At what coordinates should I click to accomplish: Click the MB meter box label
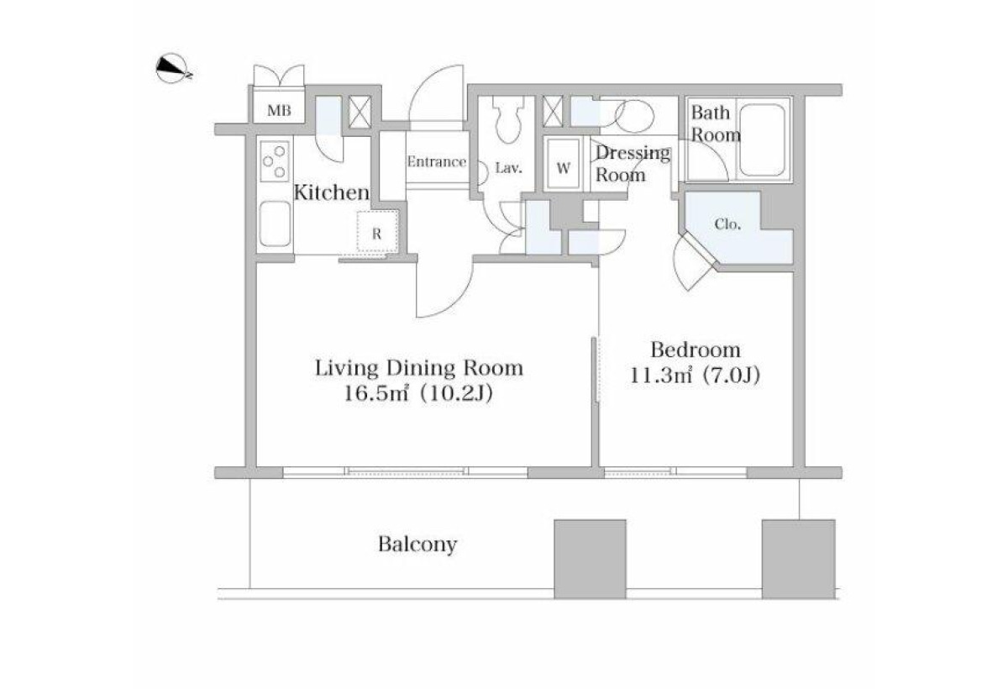[279, 110]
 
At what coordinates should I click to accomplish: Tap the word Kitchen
[332, 192]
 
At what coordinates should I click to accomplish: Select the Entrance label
[437, 161]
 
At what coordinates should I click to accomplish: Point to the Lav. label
[508, 168]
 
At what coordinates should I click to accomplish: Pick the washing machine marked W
[563, 164]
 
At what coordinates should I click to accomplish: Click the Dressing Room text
[633, 164]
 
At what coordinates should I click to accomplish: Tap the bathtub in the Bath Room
[763, 140]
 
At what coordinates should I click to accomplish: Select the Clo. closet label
[727, 224]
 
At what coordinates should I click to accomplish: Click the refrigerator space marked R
[377, 232]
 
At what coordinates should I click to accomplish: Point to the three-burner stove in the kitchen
[275, 161]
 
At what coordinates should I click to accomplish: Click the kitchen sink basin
[275, 224]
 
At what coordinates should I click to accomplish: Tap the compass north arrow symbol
[173, 69]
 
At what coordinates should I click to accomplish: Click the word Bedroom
[696, 350]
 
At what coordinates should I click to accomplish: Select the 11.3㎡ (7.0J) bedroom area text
[695, 375]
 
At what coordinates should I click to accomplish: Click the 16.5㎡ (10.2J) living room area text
[418, 393]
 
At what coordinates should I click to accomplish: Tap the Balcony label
[417, 544]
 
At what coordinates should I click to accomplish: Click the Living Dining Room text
[419, 368]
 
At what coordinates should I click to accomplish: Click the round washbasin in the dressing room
[634, 117]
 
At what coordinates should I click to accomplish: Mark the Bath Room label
[715, 124]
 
